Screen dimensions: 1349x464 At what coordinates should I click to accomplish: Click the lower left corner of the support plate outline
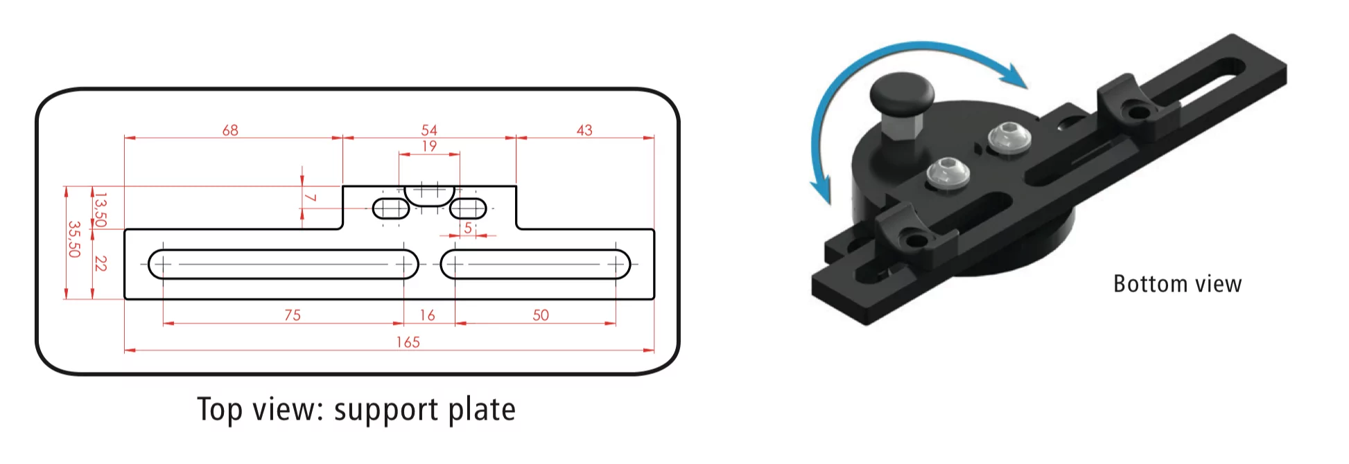pos(125,299)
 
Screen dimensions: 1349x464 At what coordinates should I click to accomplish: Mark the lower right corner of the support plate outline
pos(654,299)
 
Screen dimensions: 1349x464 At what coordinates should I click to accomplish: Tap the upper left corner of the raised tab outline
pos(343,186)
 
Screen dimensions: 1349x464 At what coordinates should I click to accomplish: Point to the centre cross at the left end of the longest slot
pos(163,264)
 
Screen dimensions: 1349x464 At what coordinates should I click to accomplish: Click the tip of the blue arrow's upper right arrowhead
pos(1027,88)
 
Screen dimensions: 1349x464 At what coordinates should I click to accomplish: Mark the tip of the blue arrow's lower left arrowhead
pos(828,206)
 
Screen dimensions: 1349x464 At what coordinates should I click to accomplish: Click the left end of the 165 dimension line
pos(125,350)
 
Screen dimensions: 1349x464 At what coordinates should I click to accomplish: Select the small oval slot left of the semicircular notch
pos(391,208)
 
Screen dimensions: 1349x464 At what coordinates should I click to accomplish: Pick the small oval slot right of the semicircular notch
pos(468,208)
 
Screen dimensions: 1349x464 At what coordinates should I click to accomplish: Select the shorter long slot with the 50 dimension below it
pos(535,264)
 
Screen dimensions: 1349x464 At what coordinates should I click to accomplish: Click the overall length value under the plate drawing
pos(408,342)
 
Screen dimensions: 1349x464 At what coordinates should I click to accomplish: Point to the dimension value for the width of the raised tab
pos(429,130)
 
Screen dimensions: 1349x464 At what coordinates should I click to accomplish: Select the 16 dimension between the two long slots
pos(428,315)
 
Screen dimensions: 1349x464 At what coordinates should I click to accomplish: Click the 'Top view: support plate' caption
pos(356,409)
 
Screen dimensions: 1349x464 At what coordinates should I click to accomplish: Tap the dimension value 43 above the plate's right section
pos(584,130)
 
